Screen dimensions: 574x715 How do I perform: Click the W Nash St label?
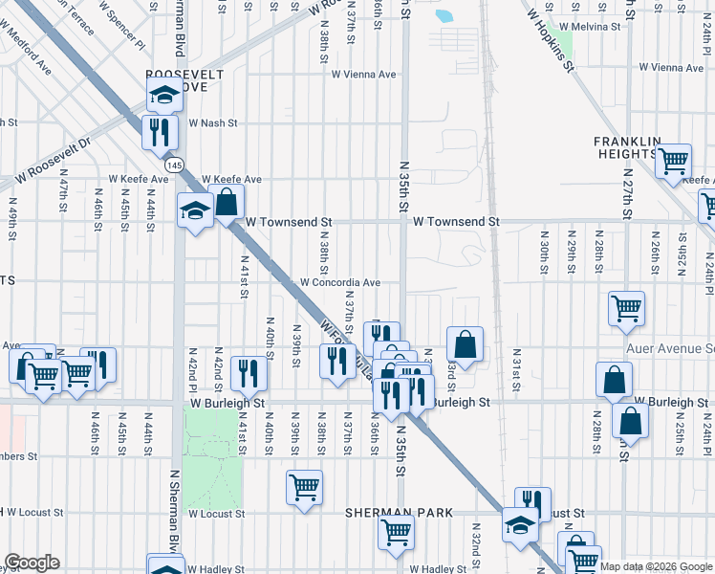point(212,123)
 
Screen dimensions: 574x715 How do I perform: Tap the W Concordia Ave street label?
point(340,283)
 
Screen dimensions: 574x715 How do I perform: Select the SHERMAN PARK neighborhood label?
point(400,514)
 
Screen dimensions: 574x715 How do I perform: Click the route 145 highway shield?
point(173,166)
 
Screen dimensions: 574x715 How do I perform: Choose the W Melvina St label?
point(591,28)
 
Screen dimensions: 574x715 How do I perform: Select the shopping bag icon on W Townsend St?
point(227,203)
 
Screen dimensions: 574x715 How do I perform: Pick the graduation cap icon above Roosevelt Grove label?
point(164,95)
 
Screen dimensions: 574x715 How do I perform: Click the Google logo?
point(32,563)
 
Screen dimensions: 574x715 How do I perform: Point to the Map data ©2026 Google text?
point(656,566)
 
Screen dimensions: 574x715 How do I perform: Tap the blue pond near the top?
point(444,15)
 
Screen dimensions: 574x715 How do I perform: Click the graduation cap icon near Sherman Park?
point(520,524)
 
